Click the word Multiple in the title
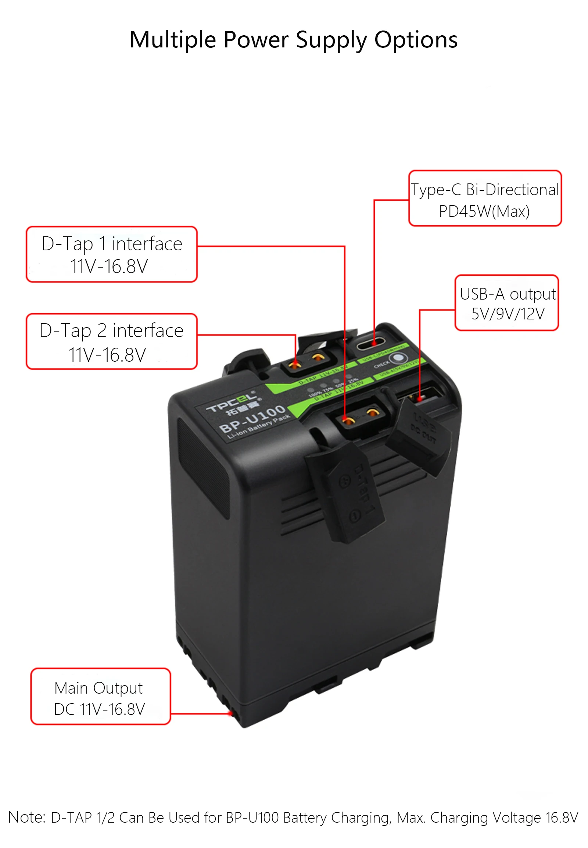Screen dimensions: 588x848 172,39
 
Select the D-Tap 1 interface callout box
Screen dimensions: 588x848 112,254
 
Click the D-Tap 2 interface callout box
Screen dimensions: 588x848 112,341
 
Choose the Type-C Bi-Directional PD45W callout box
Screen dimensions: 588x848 485,198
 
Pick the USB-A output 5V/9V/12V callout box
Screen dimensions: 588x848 507,303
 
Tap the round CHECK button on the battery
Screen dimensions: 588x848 398,358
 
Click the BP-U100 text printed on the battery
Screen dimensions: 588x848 252,419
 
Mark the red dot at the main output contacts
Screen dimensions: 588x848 231,714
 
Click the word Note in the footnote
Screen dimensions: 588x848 26,817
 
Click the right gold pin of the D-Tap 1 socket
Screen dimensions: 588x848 373,412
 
